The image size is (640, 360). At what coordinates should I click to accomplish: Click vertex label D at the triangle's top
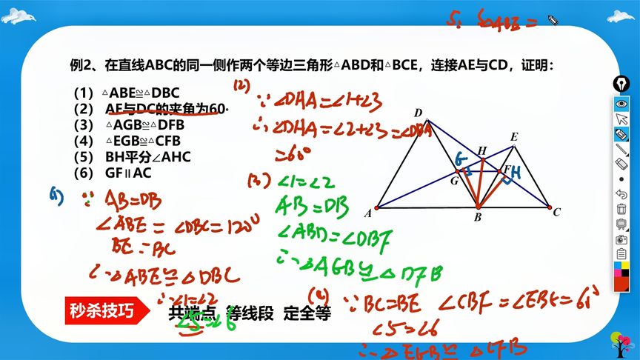pos(418,113)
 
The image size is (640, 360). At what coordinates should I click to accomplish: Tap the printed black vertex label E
pos(514,137)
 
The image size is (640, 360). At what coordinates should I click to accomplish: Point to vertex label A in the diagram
pos(368,213)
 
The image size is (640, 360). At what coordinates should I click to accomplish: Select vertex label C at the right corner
pos(557,213)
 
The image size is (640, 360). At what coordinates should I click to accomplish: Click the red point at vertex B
pos(478,207)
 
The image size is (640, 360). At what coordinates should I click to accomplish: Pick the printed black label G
pos(455,179)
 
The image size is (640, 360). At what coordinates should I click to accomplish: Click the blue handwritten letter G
pos(461,159)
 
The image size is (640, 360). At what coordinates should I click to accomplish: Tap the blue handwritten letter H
pos(516,173)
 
